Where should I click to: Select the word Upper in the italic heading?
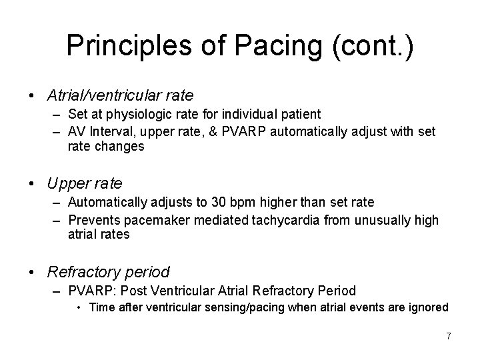click(66, 183)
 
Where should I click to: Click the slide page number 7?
click(449, 336)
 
